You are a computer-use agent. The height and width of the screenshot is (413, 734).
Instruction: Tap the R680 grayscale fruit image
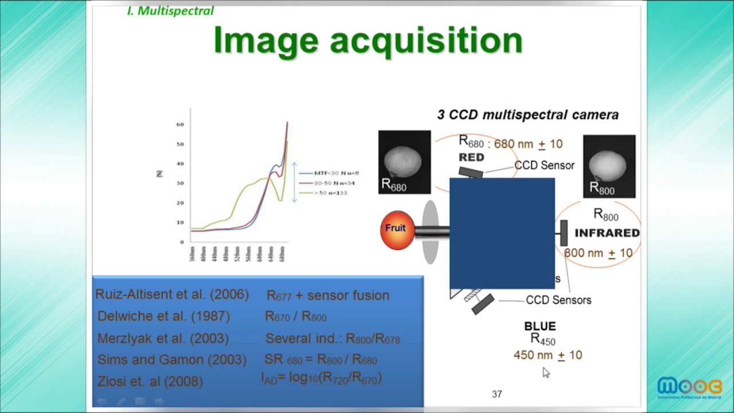point(404,162)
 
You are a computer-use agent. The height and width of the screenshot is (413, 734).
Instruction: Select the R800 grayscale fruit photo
point(609,166)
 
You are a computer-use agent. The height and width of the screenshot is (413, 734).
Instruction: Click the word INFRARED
point(607,233)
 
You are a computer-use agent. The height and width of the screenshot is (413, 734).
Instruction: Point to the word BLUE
point(540,326)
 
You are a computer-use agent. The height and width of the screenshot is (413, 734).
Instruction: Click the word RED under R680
point(471,157)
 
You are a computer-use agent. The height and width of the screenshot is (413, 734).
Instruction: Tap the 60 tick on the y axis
point(180,124)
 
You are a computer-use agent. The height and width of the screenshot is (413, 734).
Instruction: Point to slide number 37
point(497,394)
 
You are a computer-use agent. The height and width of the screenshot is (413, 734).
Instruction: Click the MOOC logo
point(689,388)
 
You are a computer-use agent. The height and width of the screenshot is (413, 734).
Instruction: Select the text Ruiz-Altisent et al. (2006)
point(172,295)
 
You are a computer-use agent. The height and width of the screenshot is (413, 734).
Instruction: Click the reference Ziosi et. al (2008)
point(150,381)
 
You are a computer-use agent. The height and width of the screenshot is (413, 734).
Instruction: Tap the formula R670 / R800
point(296,317)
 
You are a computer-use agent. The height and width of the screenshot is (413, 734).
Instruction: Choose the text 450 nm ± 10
point(548,356)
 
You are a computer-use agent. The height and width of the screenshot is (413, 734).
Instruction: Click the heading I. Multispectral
point(170,11)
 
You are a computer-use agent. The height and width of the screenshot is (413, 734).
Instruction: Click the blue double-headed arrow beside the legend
point(295,182)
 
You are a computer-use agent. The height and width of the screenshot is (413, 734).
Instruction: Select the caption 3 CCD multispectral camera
point(528,115)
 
